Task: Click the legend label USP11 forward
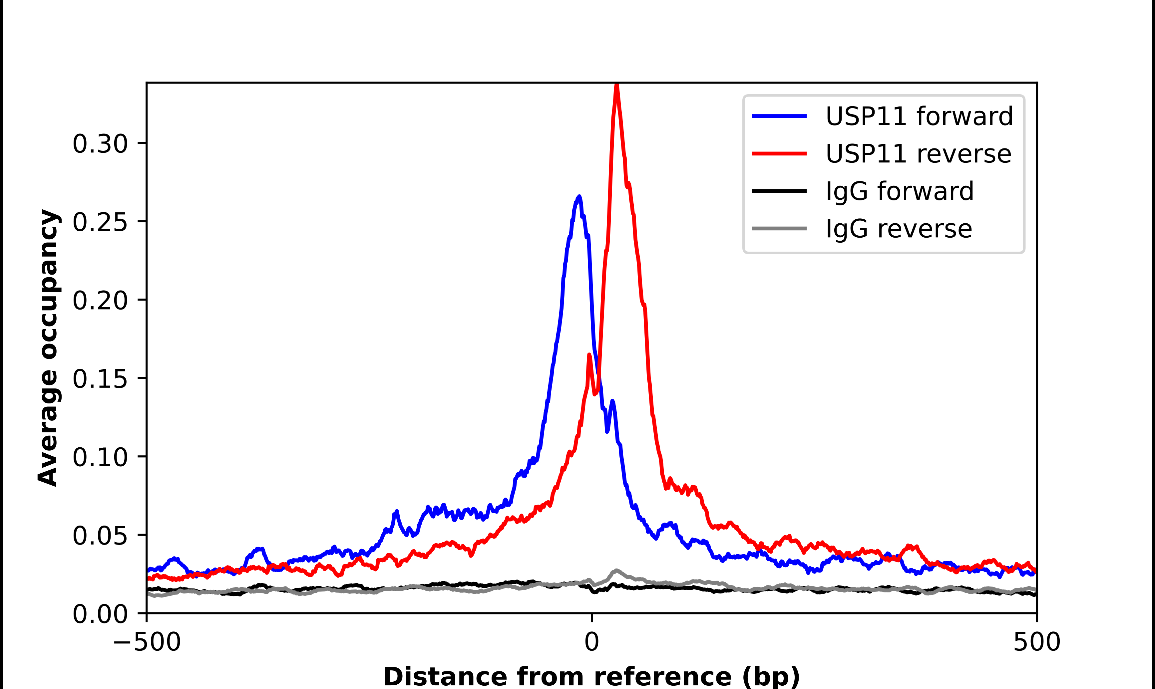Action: [919, 116]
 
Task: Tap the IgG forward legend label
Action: [900, 191]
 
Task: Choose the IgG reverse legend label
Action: [899, 229]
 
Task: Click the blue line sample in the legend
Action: [779, 116]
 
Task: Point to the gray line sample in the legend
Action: [779, 228]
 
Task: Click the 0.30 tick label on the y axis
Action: [100, 143]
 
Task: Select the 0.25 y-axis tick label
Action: [100, 222]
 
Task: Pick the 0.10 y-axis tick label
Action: [100, 457]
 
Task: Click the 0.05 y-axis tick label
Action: [100, 536]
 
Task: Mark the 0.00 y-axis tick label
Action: [100, 614]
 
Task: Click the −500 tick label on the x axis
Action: [147, 642]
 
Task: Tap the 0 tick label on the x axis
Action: [591, 642]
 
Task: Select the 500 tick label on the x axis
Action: [1036, 642]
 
